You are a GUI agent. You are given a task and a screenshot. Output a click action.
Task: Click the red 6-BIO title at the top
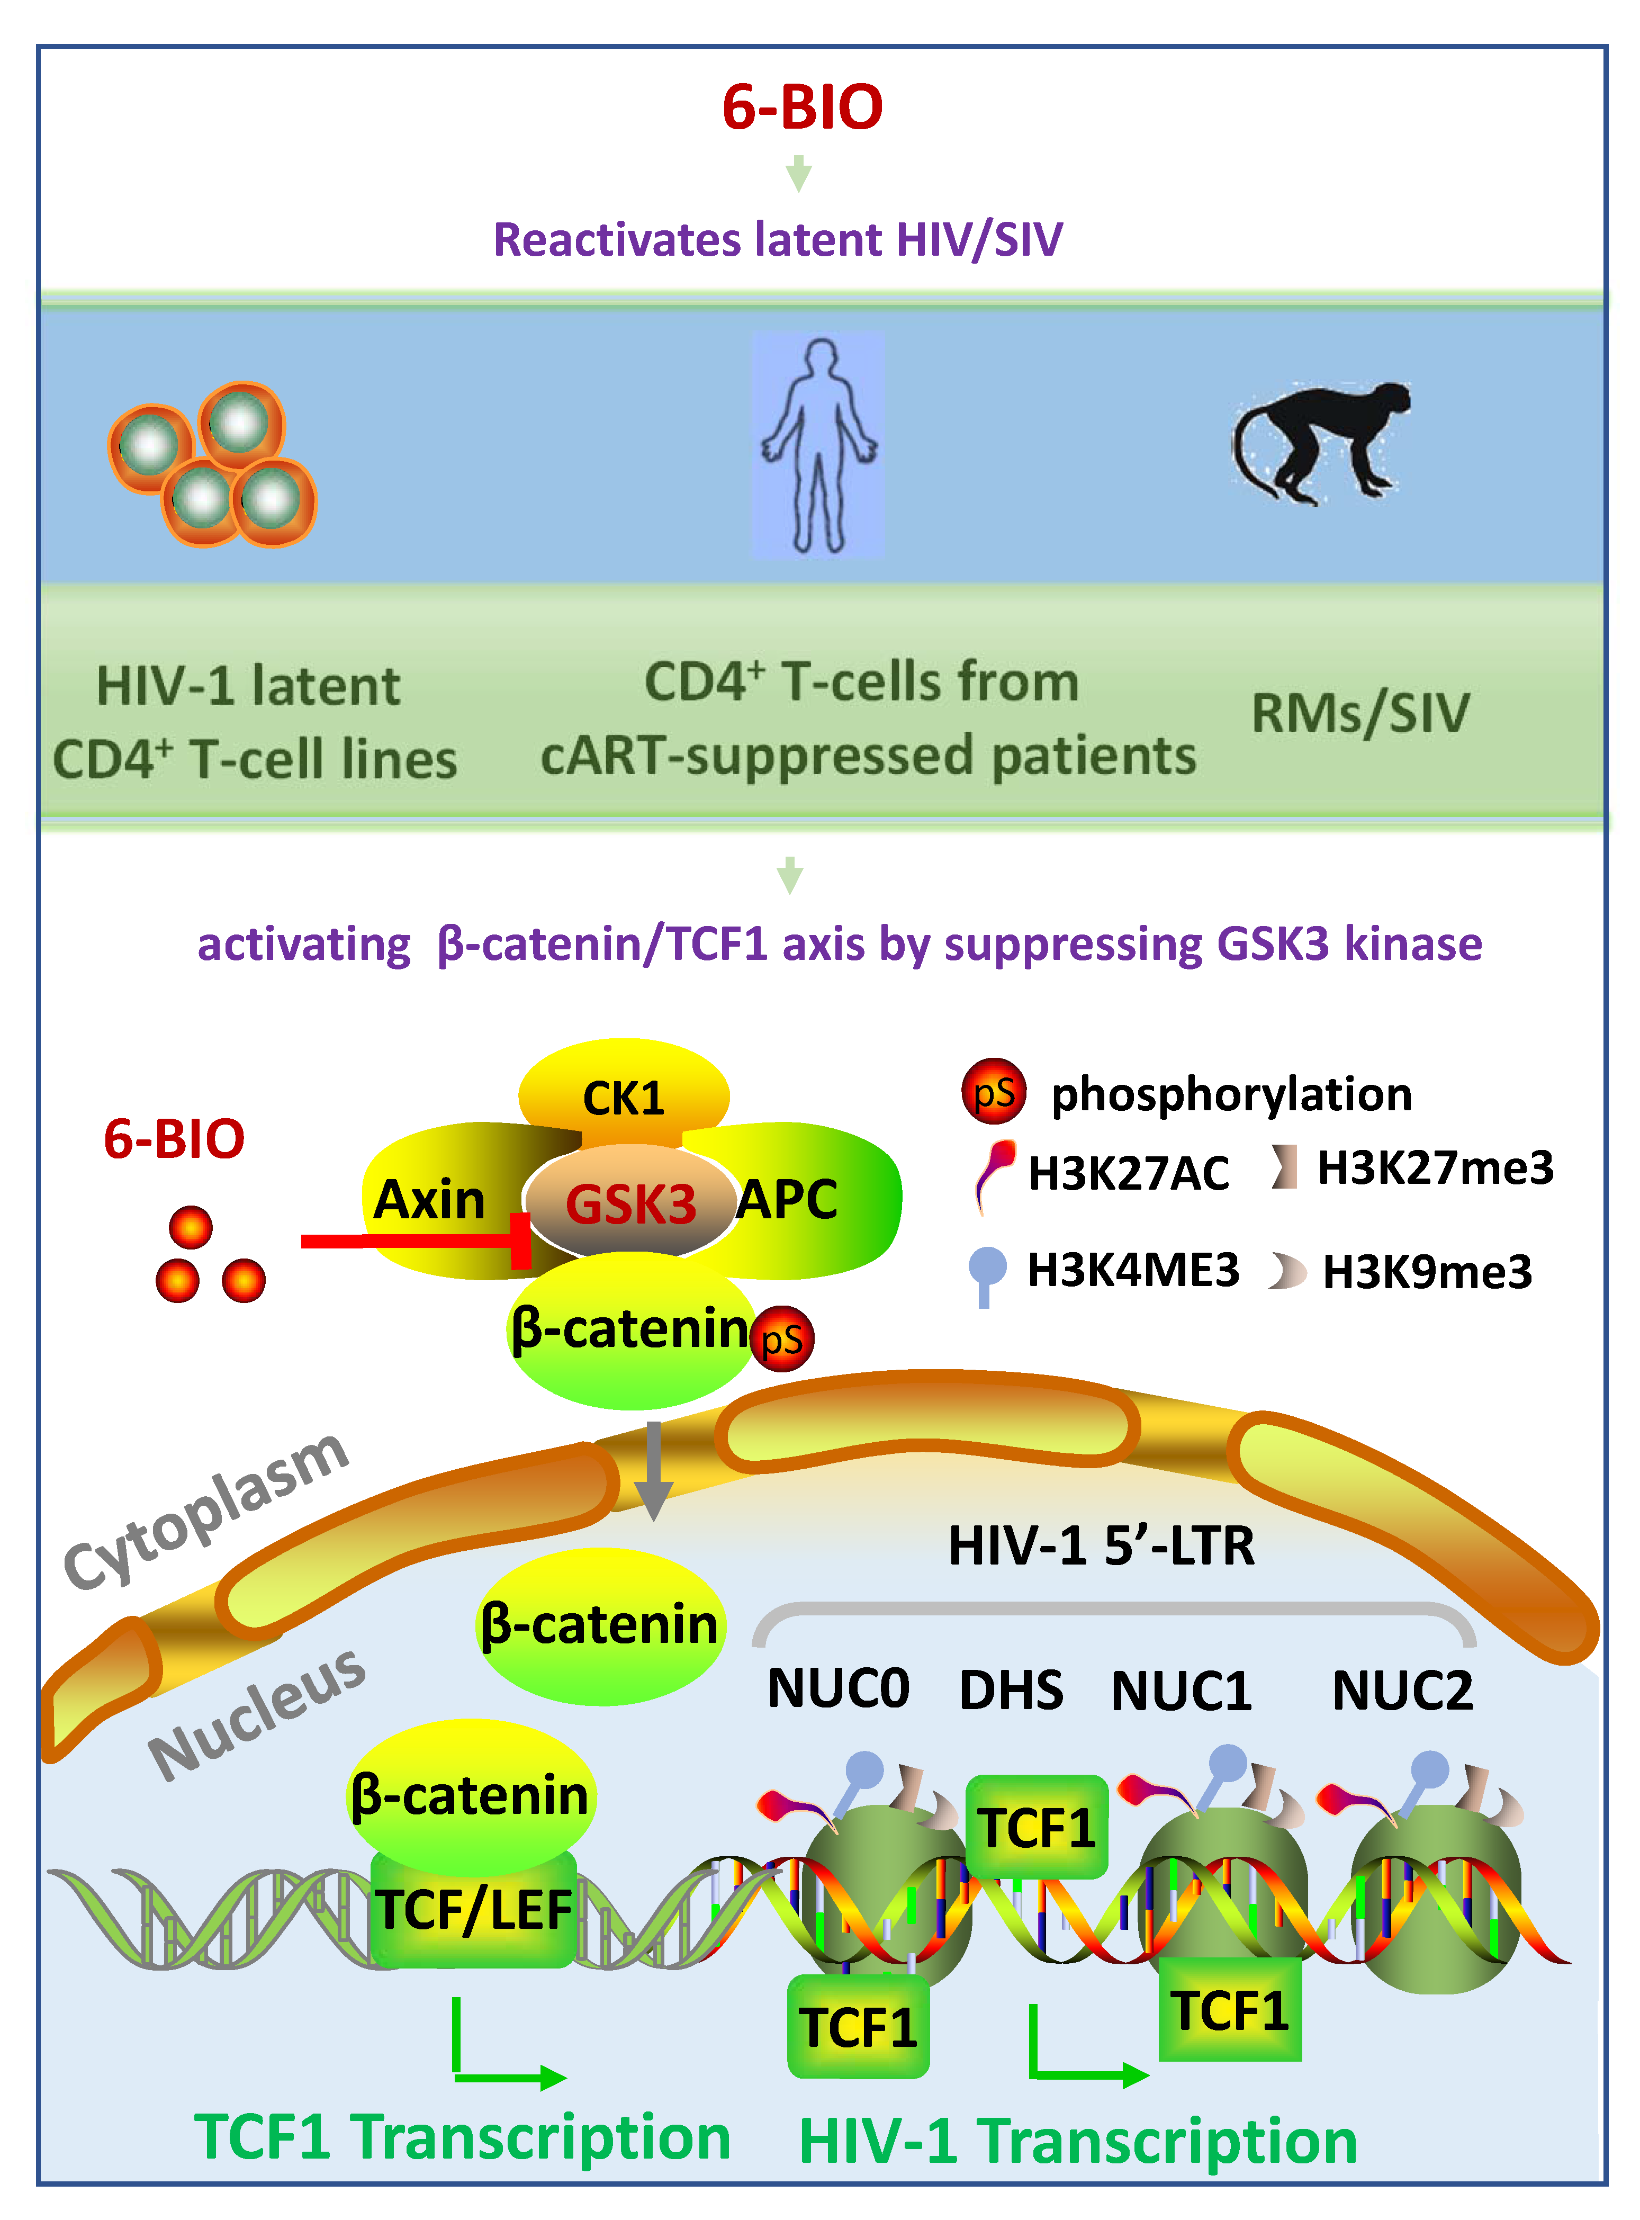tap(802, 107)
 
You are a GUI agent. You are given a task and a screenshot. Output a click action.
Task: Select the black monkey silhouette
tap(1320, 442)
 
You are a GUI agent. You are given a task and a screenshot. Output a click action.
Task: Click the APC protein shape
tap(794, 1199)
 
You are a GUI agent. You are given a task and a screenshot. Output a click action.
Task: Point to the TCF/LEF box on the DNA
tap(474, 1908)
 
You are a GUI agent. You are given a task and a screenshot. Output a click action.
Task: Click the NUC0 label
tap(838, 1688)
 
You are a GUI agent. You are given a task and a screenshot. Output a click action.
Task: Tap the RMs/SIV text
tap(1360, 713)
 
